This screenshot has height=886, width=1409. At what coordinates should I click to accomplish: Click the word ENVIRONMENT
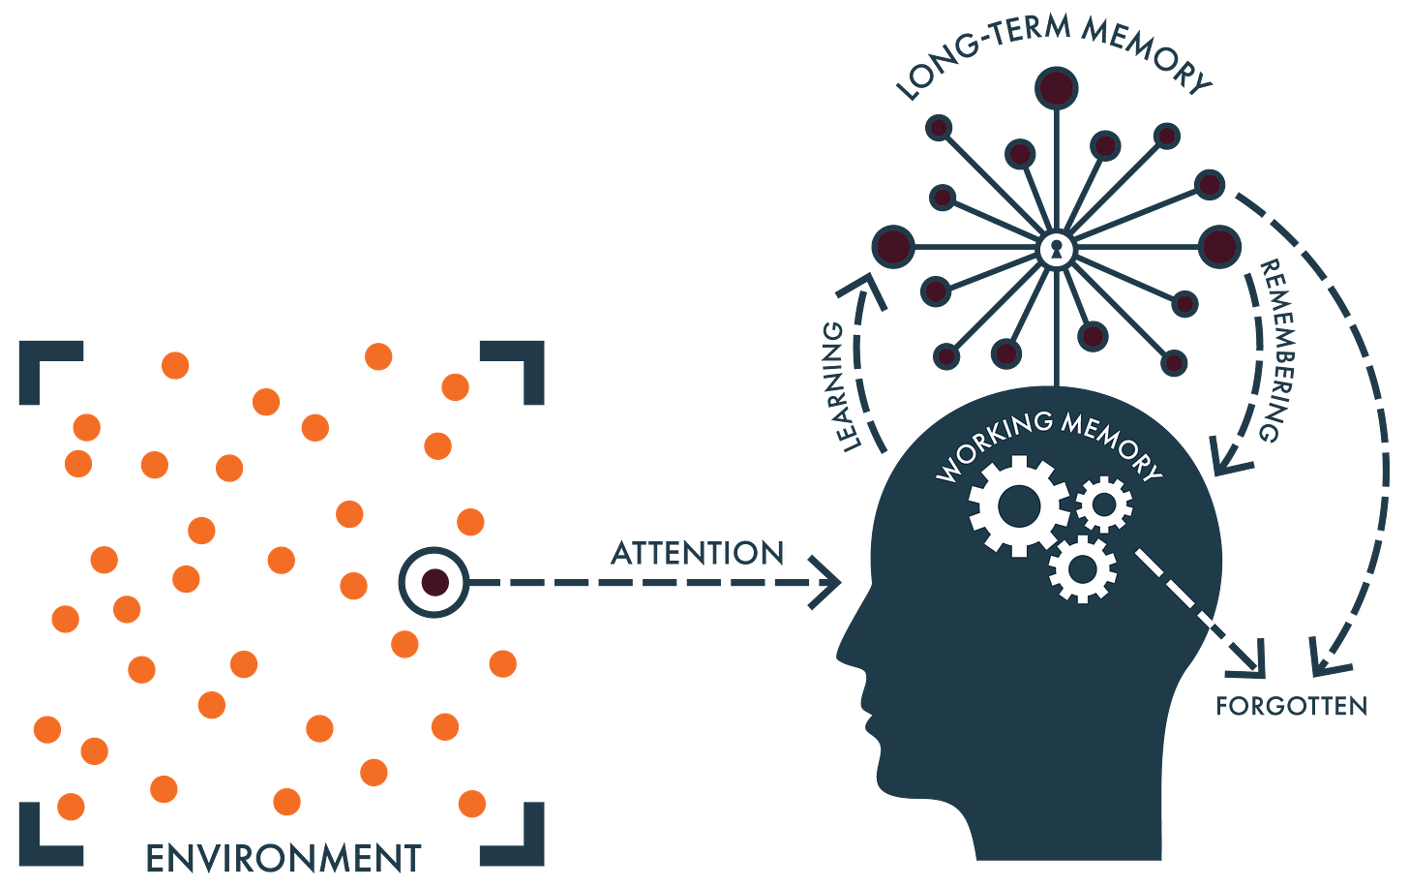click(x=283, y=859)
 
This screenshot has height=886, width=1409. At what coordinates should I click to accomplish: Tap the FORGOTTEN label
click(x=1291, y=706)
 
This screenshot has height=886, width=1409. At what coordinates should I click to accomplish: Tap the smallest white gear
click(x=1102, y=504)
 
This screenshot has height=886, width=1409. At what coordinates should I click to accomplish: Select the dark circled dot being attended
click(x=434, y=583)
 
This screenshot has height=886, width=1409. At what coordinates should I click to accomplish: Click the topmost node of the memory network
click(x=1056, y=88)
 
